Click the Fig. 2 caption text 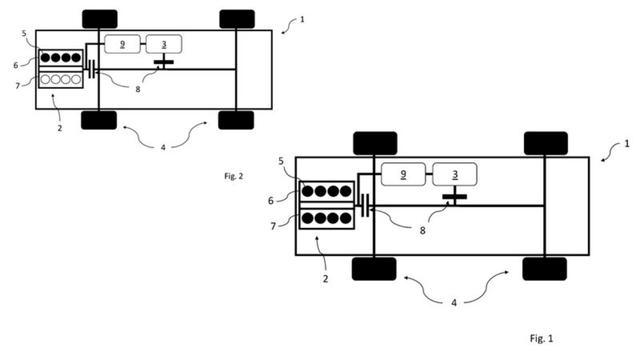click(234, 176)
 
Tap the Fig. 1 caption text click(541, 338)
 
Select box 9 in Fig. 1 click(403, 174)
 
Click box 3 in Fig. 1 click(454, 174)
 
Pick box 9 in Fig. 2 click(122, 44)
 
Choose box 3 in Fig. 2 click(164, 44)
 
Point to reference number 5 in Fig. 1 click(281, 161)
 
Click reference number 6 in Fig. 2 click(15, 65)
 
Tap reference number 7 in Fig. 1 click(273, 226)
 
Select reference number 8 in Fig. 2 click(138, 89)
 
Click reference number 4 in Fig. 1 click(454, 303)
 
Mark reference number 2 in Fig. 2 click(60, 129)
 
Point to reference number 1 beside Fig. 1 click(627, 143)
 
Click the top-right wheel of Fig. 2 click(237, 19)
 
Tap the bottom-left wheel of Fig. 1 click(374, 269)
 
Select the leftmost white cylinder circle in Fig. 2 click(45, 79)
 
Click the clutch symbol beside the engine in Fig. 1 click(365, 205)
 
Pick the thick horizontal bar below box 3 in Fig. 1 click(454, 197)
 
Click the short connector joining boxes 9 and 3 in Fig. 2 click(143, 44)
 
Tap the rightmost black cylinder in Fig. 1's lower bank click(346, 218)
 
